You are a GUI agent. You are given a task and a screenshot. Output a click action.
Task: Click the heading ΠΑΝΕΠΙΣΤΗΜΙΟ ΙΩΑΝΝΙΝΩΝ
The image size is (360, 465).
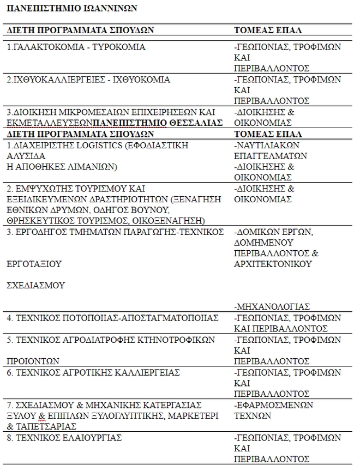(x=72, y=9)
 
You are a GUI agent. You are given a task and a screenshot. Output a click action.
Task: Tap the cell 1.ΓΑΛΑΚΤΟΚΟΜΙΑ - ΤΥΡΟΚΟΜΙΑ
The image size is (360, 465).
(x=76, y=47)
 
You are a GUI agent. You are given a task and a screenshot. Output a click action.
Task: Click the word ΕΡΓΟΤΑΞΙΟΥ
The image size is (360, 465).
(x=34, y=264)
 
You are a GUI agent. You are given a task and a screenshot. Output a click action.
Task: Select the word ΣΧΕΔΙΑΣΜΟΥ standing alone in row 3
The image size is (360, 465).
(x=36, y=285)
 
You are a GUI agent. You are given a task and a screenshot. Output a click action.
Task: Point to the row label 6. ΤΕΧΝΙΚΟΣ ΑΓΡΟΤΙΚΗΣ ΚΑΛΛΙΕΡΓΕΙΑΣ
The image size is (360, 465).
(x=94, y=372)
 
